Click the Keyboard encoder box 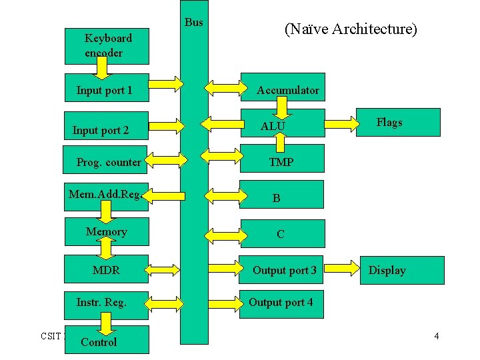107,45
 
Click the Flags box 399,122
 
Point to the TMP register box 283,161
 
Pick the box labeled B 283,197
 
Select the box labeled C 283,234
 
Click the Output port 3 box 283,270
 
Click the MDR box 107,270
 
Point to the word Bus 194,23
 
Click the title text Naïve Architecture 351,29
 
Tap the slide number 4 437,336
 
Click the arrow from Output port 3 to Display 342,269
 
